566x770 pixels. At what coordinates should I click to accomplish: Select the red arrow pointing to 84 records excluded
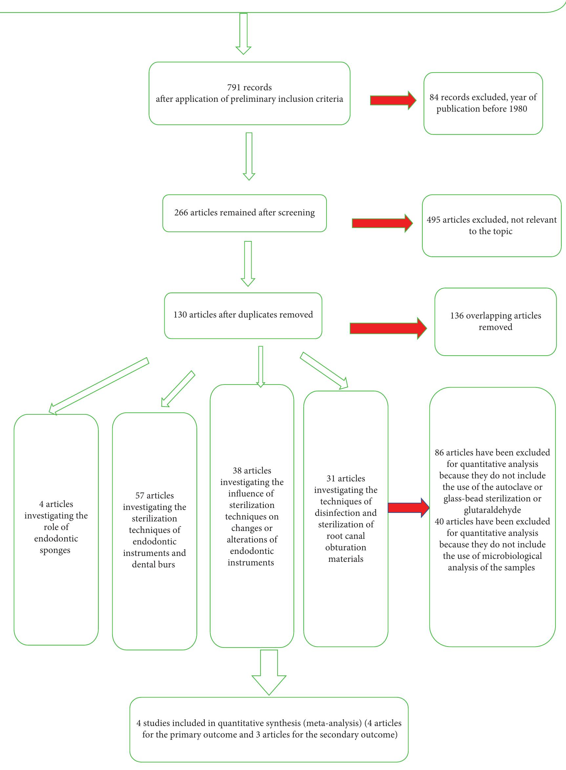[393, 100]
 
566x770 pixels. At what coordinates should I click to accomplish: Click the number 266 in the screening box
[181, 212]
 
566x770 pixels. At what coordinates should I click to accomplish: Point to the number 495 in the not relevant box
[433, 220]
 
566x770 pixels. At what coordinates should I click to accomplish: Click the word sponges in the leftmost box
[55, 550]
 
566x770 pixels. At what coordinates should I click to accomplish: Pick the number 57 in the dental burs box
[140, 495]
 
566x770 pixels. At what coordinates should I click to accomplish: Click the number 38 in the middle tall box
[237, 470]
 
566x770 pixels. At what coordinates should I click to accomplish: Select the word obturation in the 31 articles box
[346, 547]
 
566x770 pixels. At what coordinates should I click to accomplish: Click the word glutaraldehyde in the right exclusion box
[492, 510]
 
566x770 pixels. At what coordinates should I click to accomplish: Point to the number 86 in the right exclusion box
[439, 452]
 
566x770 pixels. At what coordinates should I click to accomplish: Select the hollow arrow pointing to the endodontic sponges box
[99, 386]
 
